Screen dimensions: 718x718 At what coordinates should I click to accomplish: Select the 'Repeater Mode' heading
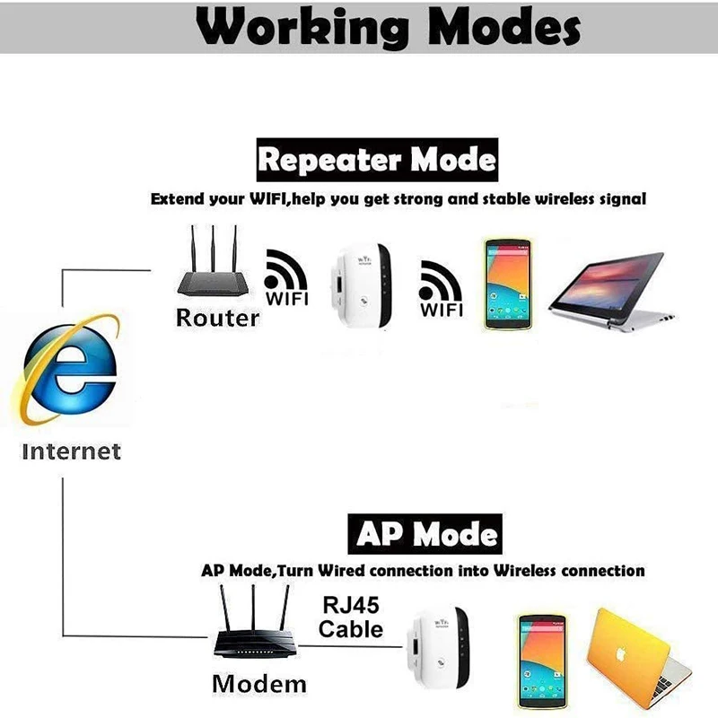coord(376,161)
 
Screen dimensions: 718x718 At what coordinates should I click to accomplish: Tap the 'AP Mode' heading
coord(425,535)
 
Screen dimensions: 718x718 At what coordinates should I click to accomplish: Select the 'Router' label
coord(217,317)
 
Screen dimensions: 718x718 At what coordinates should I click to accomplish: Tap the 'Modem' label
coord(258,683)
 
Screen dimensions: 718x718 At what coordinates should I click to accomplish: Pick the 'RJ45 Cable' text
coord(351,617)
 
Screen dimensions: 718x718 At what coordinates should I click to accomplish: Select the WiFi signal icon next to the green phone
coord(442,285)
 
